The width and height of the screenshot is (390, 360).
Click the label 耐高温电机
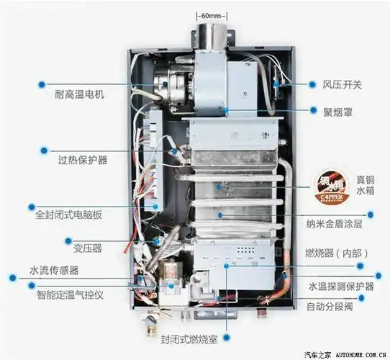(x=79, y=94)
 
